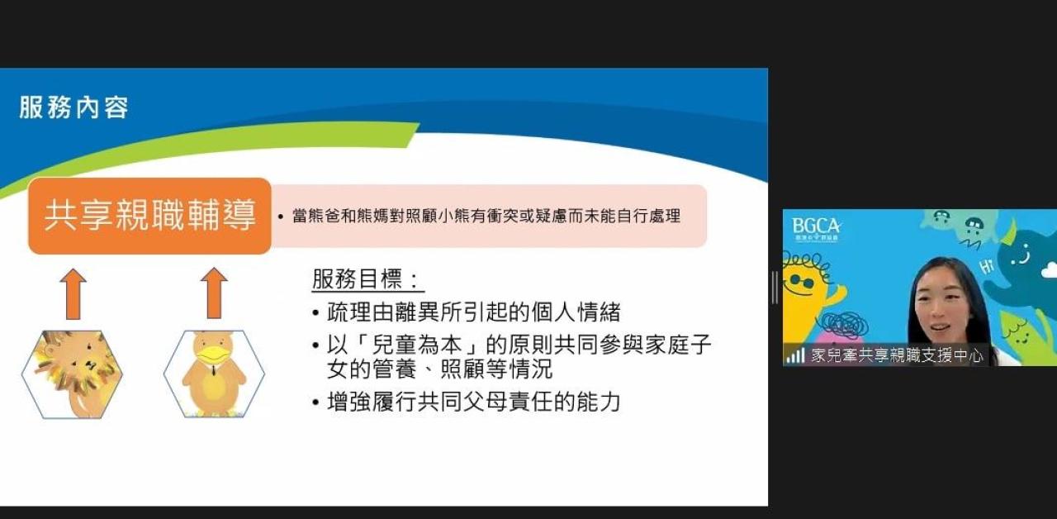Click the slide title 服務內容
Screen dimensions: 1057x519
[x=73, y=107]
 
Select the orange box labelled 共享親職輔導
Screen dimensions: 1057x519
[x=149, y=216]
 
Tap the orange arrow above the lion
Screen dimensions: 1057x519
[x=73, y=293]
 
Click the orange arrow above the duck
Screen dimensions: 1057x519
[x=214, y=293]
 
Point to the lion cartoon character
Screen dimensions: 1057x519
[x=72, y=374]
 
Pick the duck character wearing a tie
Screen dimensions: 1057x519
[x=214, y=373]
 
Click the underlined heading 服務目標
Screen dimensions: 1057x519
[x=366, y=279]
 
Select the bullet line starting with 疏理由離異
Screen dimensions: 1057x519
[x=467, y=312]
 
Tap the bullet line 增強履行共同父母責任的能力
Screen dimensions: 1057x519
[x=467, y=402]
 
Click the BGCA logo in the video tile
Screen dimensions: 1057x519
[x=816, y=230]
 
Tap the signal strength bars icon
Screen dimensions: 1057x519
[x=795, y=355]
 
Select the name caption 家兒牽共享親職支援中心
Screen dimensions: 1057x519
[x=897, y=355]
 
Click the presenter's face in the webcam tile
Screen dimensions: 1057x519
[x=939, y=309]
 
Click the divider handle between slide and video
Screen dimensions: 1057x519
[x=775, y=288]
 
